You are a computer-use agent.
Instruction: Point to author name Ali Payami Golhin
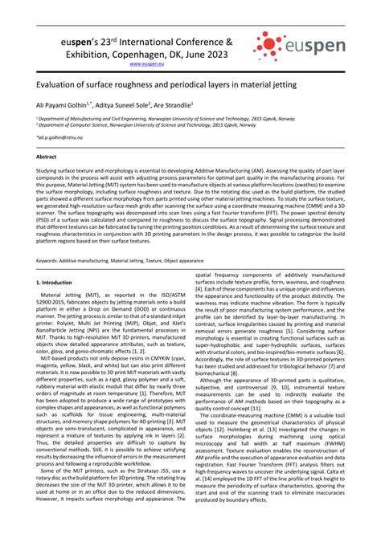tap(65, 104)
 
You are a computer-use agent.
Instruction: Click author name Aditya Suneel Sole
tap(125, 104)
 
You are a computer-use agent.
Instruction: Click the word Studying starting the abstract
tap(49, 171)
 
